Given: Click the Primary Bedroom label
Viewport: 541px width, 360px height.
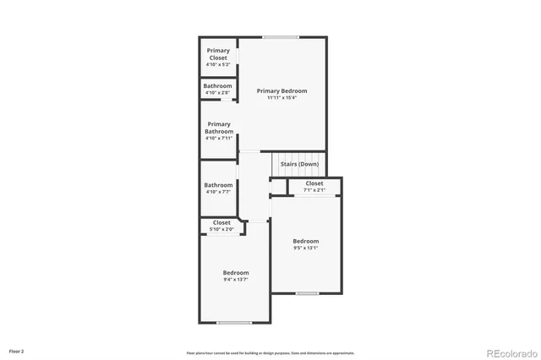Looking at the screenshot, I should click(282, 90).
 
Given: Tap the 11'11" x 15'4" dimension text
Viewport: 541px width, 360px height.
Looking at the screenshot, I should click(282, 98).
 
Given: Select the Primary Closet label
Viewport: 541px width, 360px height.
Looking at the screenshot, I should click(218, 54).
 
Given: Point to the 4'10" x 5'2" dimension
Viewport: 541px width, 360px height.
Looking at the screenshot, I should click(218, 65).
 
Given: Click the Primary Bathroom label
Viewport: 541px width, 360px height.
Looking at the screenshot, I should click(218, 128).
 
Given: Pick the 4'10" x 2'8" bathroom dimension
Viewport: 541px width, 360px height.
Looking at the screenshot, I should click(218, 92).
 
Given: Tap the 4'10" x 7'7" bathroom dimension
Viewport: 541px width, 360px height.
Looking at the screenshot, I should click(218, 192).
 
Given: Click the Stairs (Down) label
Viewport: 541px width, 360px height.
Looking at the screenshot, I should click(299, 163).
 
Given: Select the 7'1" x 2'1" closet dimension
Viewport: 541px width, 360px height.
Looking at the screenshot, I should click(314, 190).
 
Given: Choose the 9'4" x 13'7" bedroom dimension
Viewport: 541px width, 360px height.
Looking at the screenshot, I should click(236, 280).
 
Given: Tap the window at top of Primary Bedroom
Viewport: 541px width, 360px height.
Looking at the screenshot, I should click(281, 37).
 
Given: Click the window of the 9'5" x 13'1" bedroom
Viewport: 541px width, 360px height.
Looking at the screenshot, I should click(307, 293).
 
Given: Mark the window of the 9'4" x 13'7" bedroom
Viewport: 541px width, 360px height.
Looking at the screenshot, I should click(234, 322).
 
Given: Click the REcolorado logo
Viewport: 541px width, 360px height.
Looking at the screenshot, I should click(509, 352).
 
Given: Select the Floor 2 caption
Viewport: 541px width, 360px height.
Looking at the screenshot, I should click(17, 350).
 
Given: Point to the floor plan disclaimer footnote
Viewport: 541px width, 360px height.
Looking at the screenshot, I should click(270, 353).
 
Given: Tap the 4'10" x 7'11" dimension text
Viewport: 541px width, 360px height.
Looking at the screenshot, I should click(218, 138).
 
